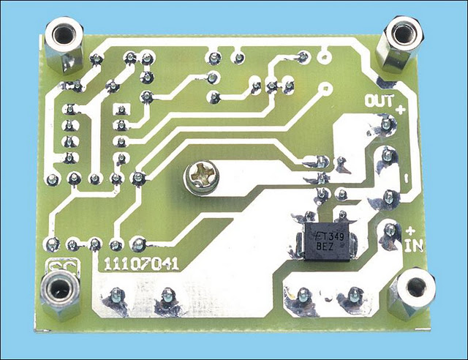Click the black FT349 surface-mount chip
327,241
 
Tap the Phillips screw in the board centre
201,178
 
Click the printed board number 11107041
141,264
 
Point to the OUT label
380,101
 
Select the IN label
414,246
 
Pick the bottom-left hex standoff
60,296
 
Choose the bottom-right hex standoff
412,294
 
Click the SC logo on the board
64,267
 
